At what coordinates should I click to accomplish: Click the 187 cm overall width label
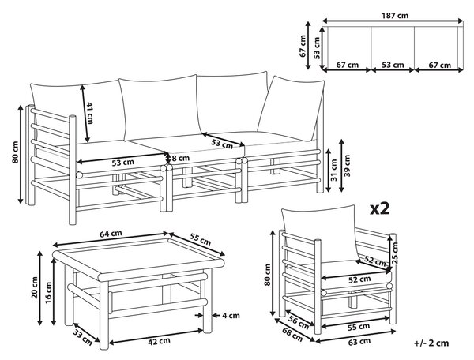pos(395,16)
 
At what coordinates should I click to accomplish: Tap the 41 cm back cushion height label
pos(90,113)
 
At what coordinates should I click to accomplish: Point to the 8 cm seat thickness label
pos(181,158)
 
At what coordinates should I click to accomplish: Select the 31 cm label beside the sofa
pos(333,171)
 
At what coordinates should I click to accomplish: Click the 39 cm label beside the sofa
pos(347,166)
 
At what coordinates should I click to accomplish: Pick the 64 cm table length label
pos(111,234)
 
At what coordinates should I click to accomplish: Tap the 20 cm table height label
pos(35,287)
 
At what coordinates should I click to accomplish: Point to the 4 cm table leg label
pos(231,316)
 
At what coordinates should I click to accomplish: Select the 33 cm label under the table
pos(82,337)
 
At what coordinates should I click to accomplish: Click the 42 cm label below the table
pos(159,341)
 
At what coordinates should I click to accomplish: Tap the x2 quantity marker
pos(380,209)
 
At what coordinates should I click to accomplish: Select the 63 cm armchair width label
pos(359,342)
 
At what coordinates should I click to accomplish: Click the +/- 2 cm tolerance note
pos(431,343)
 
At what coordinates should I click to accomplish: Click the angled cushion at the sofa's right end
pos(291,108)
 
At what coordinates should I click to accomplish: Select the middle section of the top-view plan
pos(393,47)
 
